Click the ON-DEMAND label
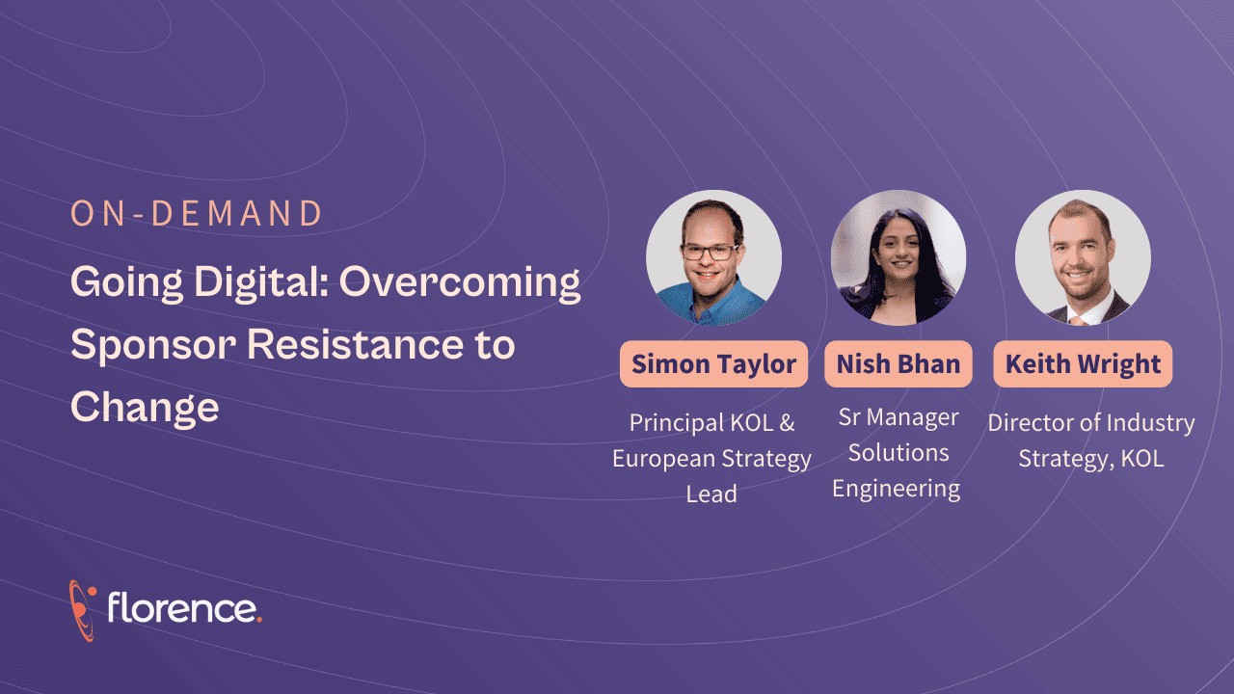(x=196, y=214)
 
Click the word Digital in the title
(x=261, y=283)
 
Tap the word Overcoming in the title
(x=460, y=283)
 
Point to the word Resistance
(x=356, y=344)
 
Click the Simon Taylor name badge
(x=714, y=364)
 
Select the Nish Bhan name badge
(x=899, y=364)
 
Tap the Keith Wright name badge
(x=1083, y=364)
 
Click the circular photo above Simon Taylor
(x=714, y=257)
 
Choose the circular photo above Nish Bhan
(x=899, y=257)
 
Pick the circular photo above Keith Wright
(x=1083, y=257)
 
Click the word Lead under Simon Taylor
(x=711, y=494)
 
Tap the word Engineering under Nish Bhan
(x=897, y=490)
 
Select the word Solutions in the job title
(x=899, y=453)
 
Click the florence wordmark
(x=184, y=607)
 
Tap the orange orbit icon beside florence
(x=83, y=610)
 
